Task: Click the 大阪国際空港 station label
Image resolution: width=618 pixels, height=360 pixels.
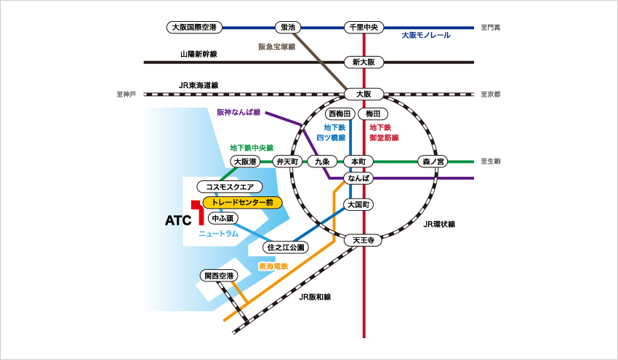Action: pos(193,28)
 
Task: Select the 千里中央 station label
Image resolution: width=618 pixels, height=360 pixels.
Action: pos(363,28)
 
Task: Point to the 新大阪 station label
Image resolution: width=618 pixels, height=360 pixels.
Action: pos(363,63)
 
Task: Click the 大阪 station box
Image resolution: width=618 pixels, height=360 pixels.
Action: pos(363,94)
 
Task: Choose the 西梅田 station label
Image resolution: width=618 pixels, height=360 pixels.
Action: pos(340,114)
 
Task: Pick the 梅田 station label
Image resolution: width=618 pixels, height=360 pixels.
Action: pos(373,114)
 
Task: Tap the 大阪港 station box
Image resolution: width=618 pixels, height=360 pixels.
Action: pos(244,161)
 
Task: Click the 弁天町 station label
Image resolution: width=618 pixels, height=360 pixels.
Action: pos(288,161)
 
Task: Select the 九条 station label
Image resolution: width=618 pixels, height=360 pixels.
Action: pos(321,161)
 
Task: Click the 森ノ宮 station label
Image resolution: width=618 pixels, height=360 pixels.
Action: pos(434,161)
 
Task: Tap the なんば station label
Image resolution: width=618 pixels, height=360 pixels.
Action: pos(359,178)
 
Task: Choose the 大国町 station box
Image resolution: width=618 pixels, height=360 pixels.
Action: pos(359,205)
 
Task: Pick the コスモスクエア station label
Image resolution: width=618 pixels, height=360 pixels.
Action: pos(229,187)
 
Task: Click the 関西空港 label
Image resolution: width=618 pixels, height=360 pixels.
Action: pos(218,276)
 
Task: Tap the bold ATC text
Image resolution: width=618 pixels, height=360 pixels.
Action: pos(177,219)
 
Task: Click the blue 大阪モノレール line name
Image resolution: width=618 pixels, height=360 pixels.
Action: pos(426,36)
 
